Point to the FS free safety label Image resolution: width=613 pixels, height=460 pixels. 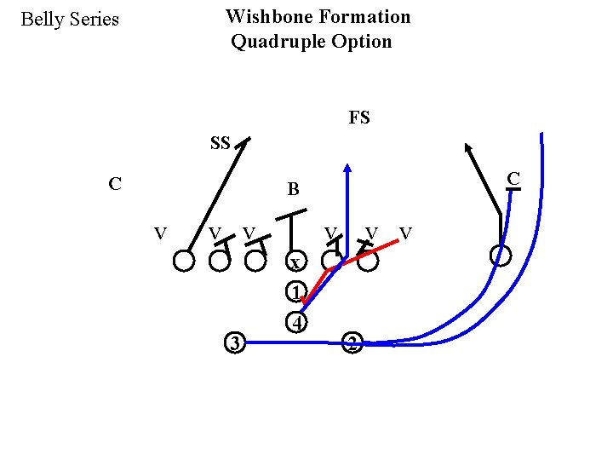coord(359,118)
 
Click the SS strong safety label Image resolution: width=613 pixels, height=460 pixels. coord(220,143)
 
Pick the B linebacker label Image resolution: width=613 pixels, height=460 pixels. coord(293,190)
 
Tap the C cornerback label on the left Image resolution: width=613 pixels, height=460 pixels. coord(114,183)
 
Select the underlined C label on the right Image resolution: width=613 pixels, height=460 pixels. coord(513,179)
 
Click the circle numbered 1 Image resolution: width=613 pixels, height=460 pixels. coord(295,292)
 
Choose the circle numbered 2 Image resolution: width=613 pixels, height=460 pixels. coord(352,344)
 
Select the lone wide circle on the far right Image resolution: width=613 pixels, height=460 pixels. coord(501,255)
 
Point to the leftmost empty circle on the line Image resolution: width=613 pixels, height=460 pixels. coord(184,261)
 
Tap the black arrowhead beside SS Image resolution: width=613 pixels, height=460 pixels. coord(245,143)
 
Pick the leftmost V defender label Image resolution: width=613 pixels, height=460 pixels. coord(160,233)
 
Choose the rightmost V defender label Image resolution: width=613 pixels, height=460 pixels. coord(406,233)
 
